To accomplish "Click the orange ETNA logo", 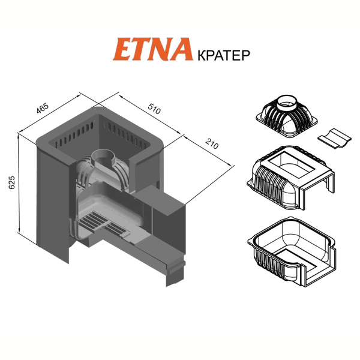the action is point(152,49).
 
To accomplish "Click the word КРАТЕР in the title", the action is point(224,55).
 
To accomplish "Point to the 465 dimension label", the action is point(43,109).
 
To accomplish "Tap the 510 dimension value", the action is point(154,109).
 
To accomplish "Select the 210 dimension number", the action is point(212,144).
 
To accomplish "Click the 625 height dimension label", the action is point(11,182).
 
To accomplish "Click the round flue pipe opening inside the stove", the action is point(104,158).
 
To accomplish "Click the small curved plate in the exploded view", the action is point(334,138).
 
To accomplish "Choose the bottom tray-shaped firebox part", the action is point(292,251).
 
